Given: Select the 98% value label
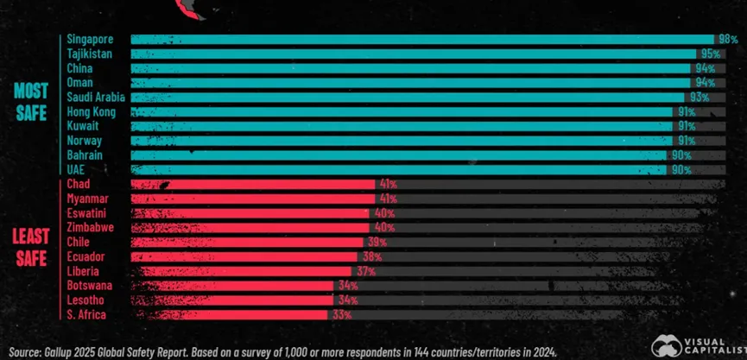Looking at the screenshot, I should coord(727,40).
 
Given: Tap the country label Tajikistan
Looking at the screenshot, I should coord(89,54).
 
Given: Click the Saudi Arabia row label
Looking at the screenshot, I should coord(96,98).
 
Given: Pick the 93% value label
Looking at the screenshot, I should coord(699,98).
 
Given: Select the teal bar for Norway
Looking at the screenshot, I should coord(402,140).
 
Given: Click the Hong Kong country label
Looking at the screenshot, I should coord(91,112).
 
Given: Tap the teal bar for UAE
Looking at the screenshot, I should coord(397,169).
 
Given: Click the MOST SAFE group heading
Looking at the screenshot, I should coord(30,102).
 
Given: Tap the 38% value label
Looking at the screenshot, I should coord(372,256).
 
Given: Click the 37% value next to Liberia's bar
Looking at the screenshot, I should coord(365,271).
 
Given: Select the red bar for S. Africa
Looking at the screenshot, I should coord(229,315).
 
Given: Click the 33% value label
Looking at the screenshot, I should coord(341,315).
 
